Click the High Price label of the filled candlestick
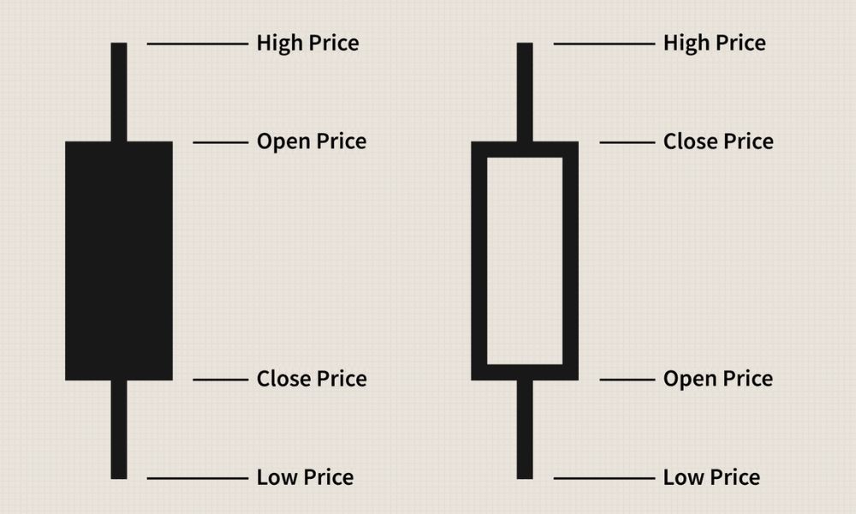click(308, 43)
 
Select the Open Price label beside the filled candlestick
click(312, 141)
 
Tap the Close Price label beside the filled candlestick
click(312, 379)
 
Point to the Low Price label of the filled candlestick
click(306, 477)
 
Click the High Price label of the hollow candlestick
click(715, 43)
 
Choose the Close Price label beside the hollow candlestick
click(718, 141)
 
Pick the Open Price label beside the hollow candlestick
click(718, 379)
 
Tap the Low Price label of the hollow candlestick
click(712, 477)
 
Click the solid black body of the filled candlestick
click(119, 261)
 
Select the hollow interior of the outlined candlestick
click(525, 261)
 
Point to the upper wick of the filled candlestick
click(119, 92)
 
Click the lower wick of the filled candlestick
click(119, 429)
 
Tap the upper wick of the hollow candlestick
click(525, 92)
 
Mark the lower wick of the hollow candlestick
click(525, 429)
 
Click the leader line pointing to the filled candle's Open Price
click(221, 142)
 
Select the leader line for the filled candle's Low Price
click(198, 479)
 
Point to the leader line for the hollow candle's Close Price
click(627, 142)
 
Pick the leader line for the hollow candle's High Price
click(604, 44)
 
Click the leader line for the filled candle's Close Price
click(221, 380)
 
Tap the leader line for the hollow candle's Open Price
click(627, 380)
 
